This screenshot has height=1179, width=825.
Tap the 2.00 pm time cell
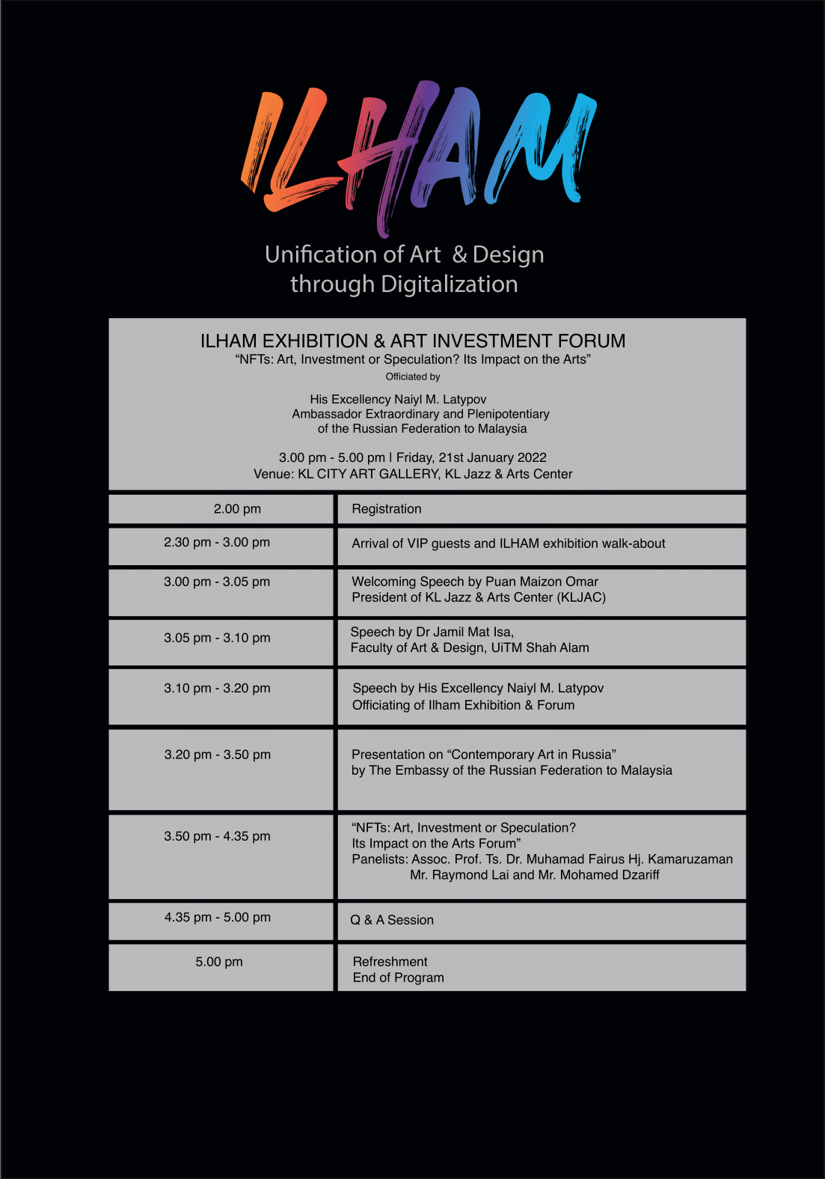[x=237, y=509]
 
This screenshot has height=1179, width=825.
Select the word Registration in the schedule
[x=387, y=509]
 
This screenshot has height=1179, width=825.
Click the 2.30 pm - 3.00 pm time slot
[x=217, y=542]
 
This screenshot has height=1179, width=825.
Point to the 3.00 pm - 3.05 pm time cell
[x=217, y=582]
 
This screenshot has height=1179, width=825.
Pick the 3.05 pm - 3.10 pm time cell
[x=217, y=638]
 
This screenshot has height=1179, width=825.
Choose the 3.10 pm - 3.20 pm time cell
[x=217, y=688]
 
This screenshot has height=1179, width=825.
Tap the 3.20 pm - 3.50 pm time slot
[x=217, y=755]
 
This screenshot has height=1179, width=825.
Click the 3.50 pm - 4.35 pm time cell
[x=217, y=836]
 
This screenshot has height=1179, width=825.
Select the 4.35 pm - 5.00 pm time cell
[x=217, y=917]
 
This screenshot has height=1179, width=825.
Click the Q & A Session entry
[x=392, y=920]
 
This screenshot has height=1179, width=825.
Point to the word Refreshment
[x=390, y=962]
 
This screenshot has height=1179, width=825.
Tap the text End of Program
[x=398, y=978]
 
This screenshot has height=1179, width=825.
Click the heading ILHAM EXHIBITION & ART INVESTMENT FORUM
[x=413, y=341]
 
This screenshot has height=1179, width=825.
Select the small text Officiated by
[x=413, y=377]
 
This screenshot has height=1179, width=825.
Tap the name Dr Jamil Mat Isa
[x=464, y=632]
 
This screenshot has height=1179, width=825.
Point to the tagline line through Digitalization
[x=404, y=284]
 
